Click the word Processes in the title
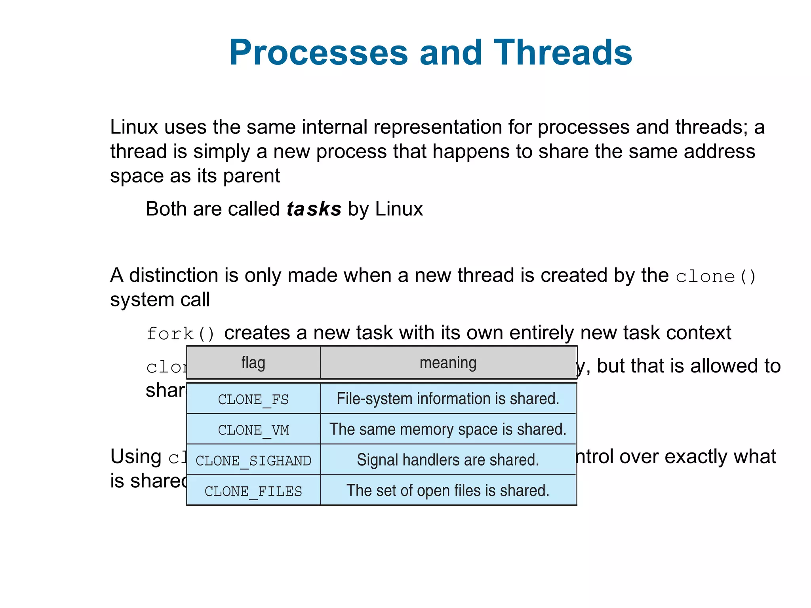click(318, 53)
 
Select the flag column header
click(253, 363)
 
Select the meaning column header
click(448, 363)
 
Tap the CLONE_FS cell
click(253, 399)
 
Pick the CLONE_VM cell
click(253, 429)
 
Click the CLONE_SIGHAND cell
click(253, 460)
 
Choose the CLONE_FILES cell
click(253, 491)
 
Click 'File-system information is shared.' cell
click(448, 399)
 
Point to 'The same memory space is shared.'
click(448, 429)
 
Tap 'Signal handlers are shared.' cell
click(448, 460)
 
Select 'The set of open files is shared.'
click(448, 490)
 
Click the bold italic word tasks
click(314, 209)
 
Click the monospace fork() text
click(181, 333)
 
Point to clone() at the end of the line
click(716, 276)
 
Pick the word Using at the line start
click(135, 456)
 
